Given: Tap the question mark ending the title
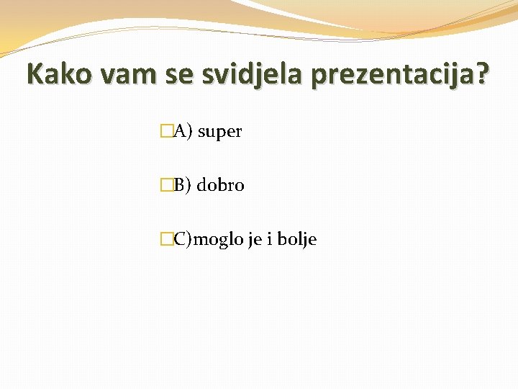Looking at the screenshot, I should point(481,73).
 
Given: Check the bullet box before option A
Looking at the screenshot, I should point(167,131).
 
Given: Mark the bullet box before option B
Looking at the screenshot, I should point(167,185).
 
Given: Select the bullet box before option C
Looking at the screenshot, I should point(167,239).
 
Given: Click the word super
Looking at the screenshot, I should point(219,132).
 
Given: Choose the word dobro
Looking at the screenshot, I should point(221,185).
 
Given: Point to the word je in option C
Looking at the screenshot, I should point(254,240).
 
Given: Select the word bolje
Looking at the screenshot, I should point(297,240).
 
